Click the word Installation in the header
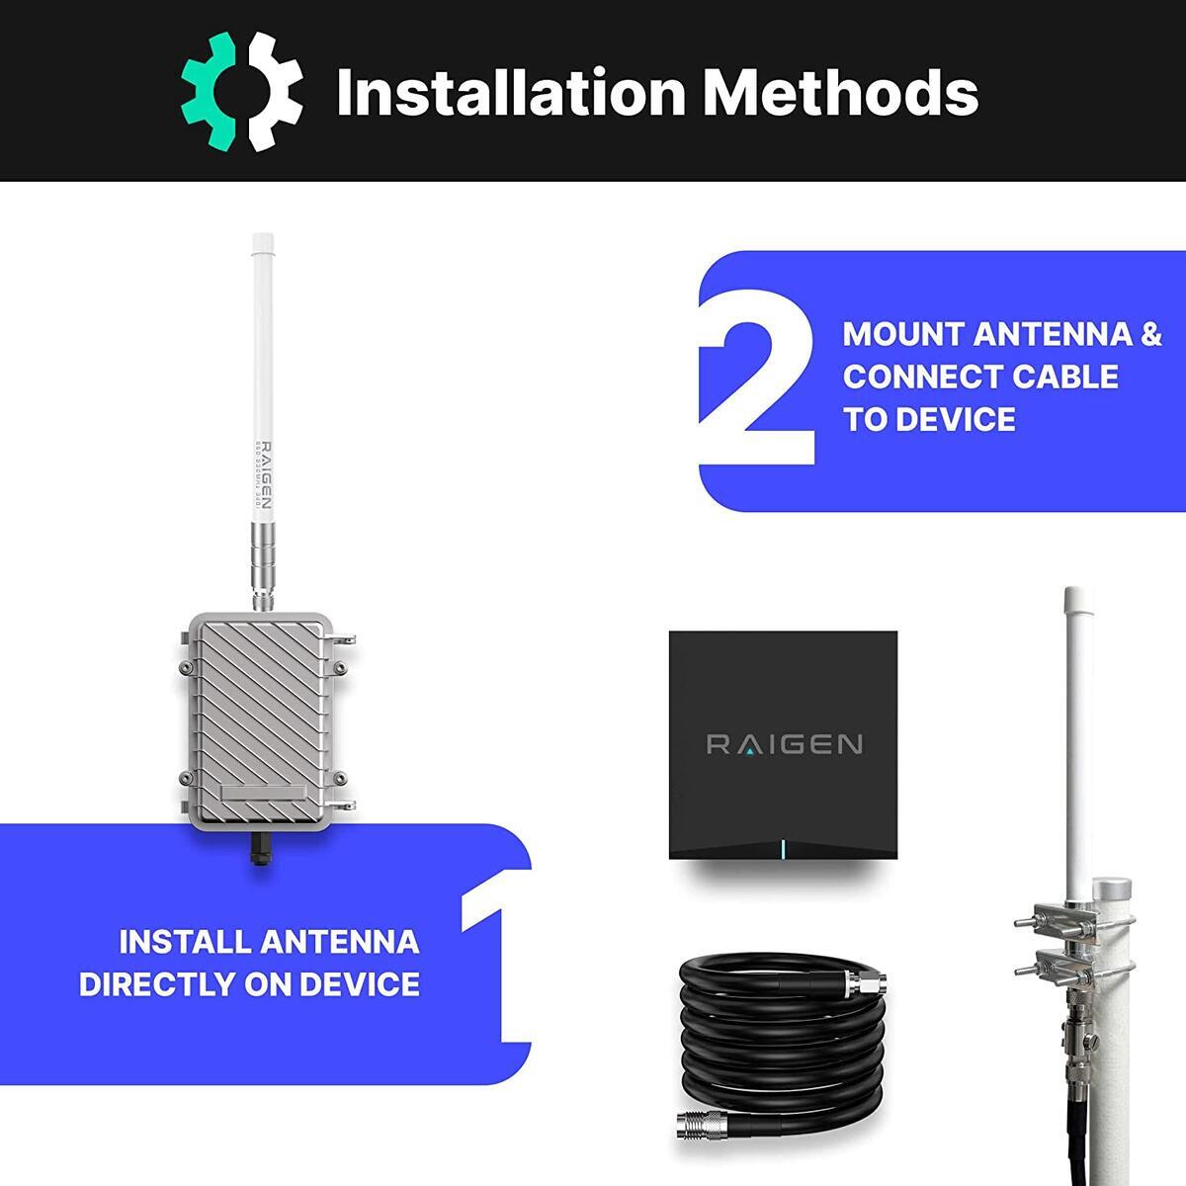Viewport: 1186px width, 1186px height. click(510, 92)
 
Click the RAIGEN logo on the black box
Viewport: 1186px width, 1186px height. click(784, 743)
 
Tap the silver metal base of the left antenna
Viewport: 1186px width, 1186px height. click(263, 563)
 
